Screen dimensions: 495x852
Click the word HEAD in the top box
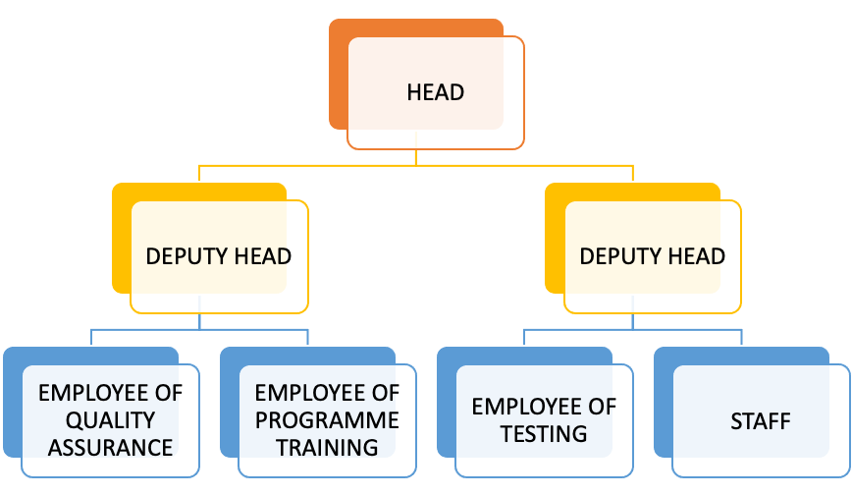click(x=435, y=93)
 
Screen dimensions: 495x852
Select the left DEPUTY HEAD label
click(x=218, y=257)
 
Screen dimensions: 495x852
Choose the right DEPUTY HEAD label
click(x=652, y=257)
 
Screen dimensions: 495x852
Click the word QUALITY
click(x=110, y=420)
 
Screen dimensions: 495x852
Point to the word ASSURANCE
click(x=110, y=448)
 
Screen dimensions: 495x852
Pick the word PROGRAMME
click(x=327, y=420)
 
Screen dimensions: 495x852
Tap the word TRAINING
click(x=327, y=448)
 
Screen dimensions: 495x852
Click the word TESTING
click(x=544, y=433)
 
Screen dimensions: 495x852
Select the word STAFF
click(x=760, y=421)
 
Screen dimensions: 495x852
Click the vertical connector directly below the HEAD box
click(x=416, y=157)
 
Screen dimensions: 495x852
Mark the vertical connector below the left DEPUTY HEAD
click(x=199, y=320)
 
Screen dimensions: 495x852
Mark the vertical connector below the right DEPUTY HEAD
click(x=633, y=320)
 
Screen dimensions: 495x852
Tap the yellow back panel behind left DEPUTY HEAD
click(x=121, y=236)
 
